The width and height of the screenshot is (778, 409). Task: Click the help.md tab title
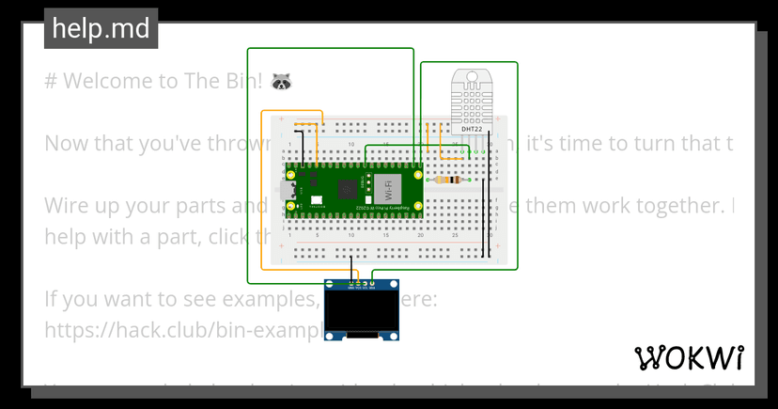pos(101,29)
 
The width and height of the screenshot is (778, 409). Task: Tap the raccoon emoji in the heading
pos(282,82)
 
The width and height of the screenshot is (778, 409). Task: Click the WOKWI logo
pos(690,358)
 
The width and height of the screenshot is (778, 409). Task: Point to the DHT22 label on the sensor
pos(471,129)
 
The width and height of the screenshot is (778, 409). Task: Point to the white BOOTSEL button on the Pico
pos(317,199)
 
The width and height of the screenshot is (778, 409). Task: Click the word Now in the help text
pos(64,144)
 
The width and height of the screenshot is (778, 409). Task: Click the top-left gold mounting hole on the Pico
pos(291,175)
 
